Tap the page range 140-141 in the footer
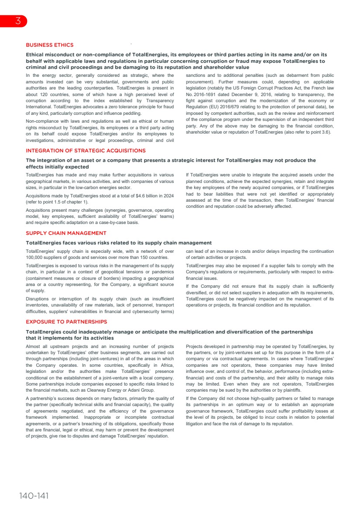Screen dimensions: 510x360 point(34,496)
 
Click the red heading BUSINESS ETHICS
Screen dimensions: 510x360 point(50,45)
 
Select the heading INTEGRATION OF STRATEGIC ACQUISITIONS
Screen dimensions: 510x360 point(86,151)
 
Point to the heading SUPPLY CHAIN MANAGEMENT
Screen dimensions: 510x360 point(66,233)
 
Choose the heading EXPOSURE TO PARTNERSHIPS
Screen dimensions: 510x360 point(66,322)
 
